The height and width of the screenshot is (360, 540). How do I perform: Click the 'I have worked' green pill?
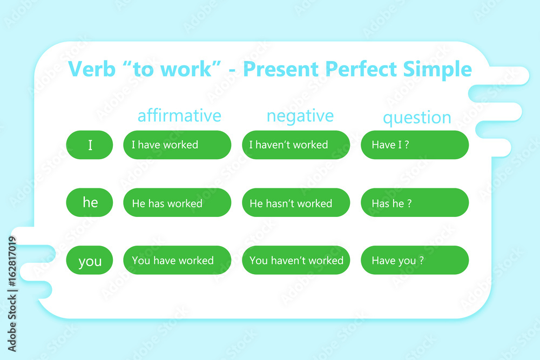click(177, 145)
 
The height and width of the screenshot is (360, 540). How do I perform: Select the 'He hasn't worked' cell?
click(296, 202)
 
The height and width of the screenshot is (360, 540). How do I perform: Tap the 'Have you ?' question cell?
click(415, 260)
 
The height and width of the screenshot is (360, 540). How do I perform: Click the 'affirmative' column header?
click(179, 116)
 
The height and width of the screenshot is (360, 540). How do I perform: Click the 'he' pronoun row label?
click(90, 202)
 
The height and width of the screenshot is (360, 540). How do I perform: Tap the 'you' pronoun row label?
click(90, 260)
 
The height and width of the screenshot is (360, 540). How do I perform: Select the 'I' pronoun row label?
click(90, 145)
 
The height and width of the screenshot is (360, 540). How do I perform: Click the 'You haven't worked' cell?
click(296, 260)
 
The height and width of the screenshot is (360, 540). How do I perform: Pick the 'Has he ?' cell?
click(415, 202)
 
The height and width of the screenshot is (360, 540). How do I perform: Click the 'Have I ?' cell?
click(415, 145)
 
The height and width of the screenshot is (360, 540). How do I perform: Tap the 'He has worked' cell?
click(177, 202)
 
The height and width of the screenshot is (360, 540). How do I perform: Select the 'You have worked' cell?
click(177, 260)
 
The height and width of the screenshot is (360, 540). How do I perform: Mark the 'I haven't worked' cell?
click(296, 145)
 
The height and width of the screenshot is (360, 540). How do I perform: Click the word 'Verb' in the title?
click(92, 69)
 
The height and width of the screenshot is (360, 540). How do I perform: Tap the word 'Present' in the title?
click(281, 69)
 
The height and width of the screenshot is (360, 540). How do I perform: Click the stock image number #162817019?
click(12, 262)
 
